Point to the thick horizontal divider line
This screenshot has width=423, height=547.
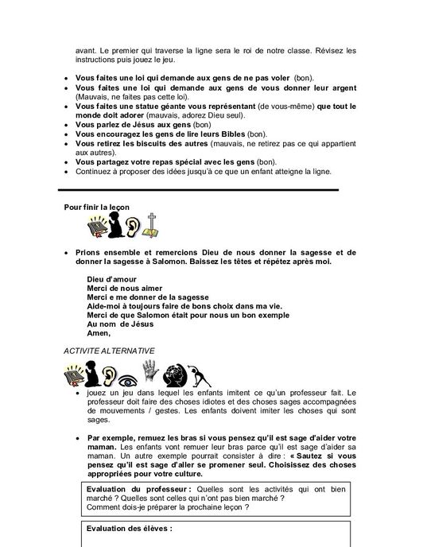point(198,189)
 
